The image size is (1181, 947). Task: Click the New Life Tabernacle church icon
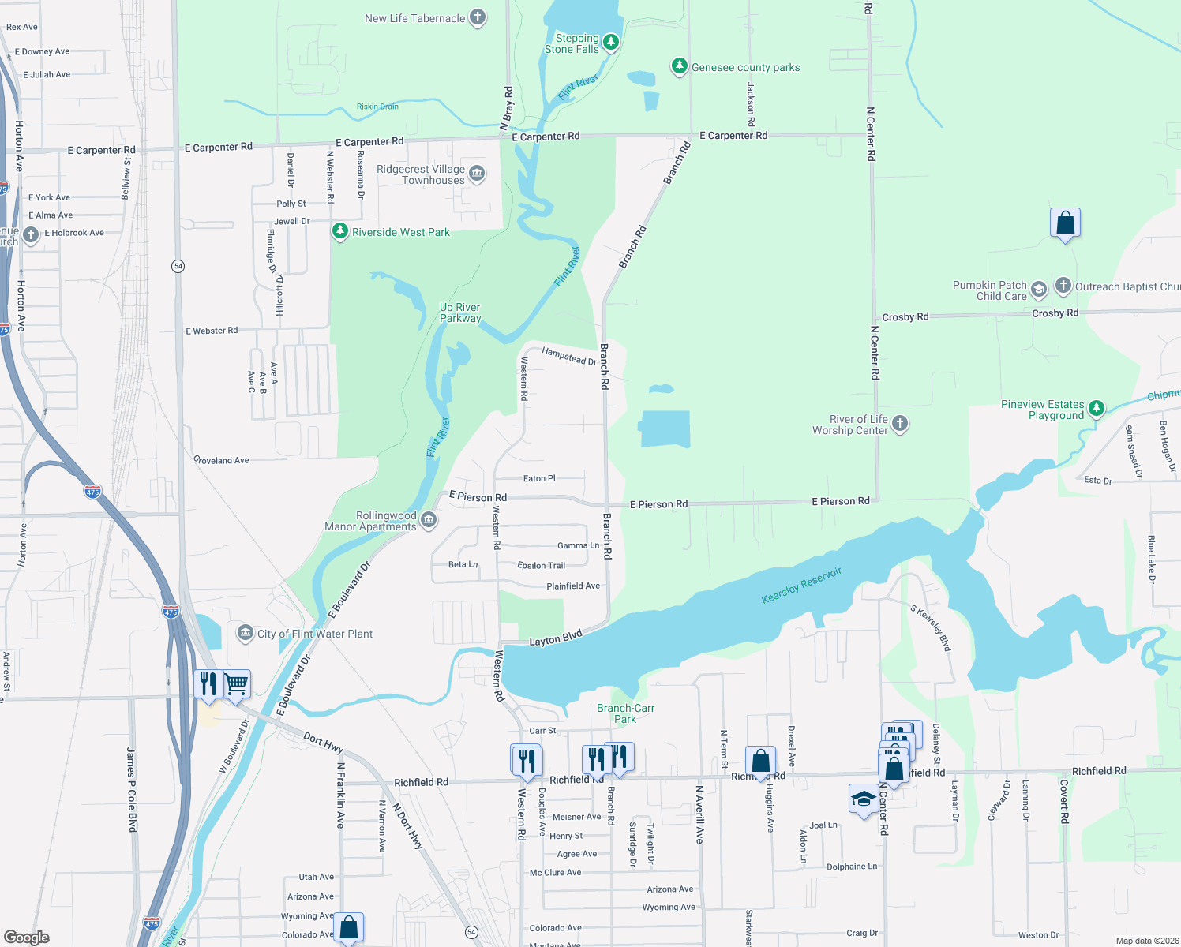click(477, 17)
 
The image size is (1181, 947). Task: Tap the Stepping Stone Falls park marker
click(610, 43)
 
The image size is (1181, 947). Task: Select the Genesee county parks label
click(745, 68)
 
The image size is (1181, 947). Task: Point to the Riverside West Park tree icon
click(339, 231)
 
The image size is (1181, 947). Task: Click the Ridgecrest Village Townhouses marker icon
click(476, 174)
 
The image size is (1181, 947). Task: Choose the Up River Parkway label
click(460, 313)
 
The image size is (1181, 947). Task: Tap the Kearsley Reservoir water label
click(801, 586)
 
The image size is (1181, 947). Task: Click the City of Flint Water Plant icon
click(246, 633)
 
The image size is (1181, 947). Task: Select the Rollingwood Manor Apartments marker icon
click(428, 519)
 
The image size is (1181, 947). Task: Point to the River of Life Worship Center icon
click(899, 424)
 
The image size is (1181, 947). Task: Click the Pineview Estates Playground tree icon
click(1096, 408)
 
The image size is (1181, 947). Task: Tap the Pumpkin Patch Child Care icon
click(1039, 290)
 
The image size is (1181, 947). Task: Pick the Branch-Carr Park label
click(625, 713)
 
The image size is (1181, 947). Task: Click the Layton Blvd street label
click(555, 638)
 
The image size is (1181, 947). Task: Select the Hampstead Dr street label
click(568, 357)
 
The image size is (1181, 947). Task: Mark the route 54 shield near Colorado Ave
click(471, 932)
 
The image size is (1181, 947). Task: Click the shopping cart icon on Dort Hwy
click(236, 683)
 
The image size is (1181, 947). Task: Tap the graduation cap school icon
click(863, 799)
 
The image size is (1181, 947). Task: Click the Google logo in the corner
click(27, 937)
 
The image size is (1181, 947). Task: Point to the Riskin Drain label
click(377, 107)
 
